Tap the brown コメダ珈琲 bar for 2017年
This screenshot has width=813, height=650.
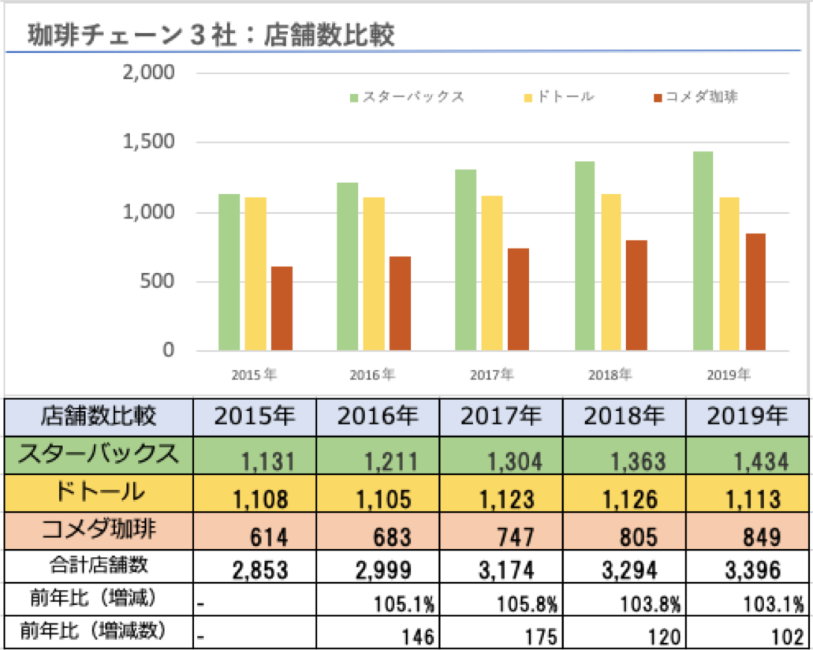(518, 299)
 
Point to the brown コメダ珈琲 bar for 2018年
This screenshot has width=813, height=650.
(636, 295)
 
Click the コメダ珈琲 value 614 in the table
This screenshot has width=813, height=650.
(268, 537)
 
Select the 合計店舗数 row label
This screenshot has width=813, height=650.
(99, 566)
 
